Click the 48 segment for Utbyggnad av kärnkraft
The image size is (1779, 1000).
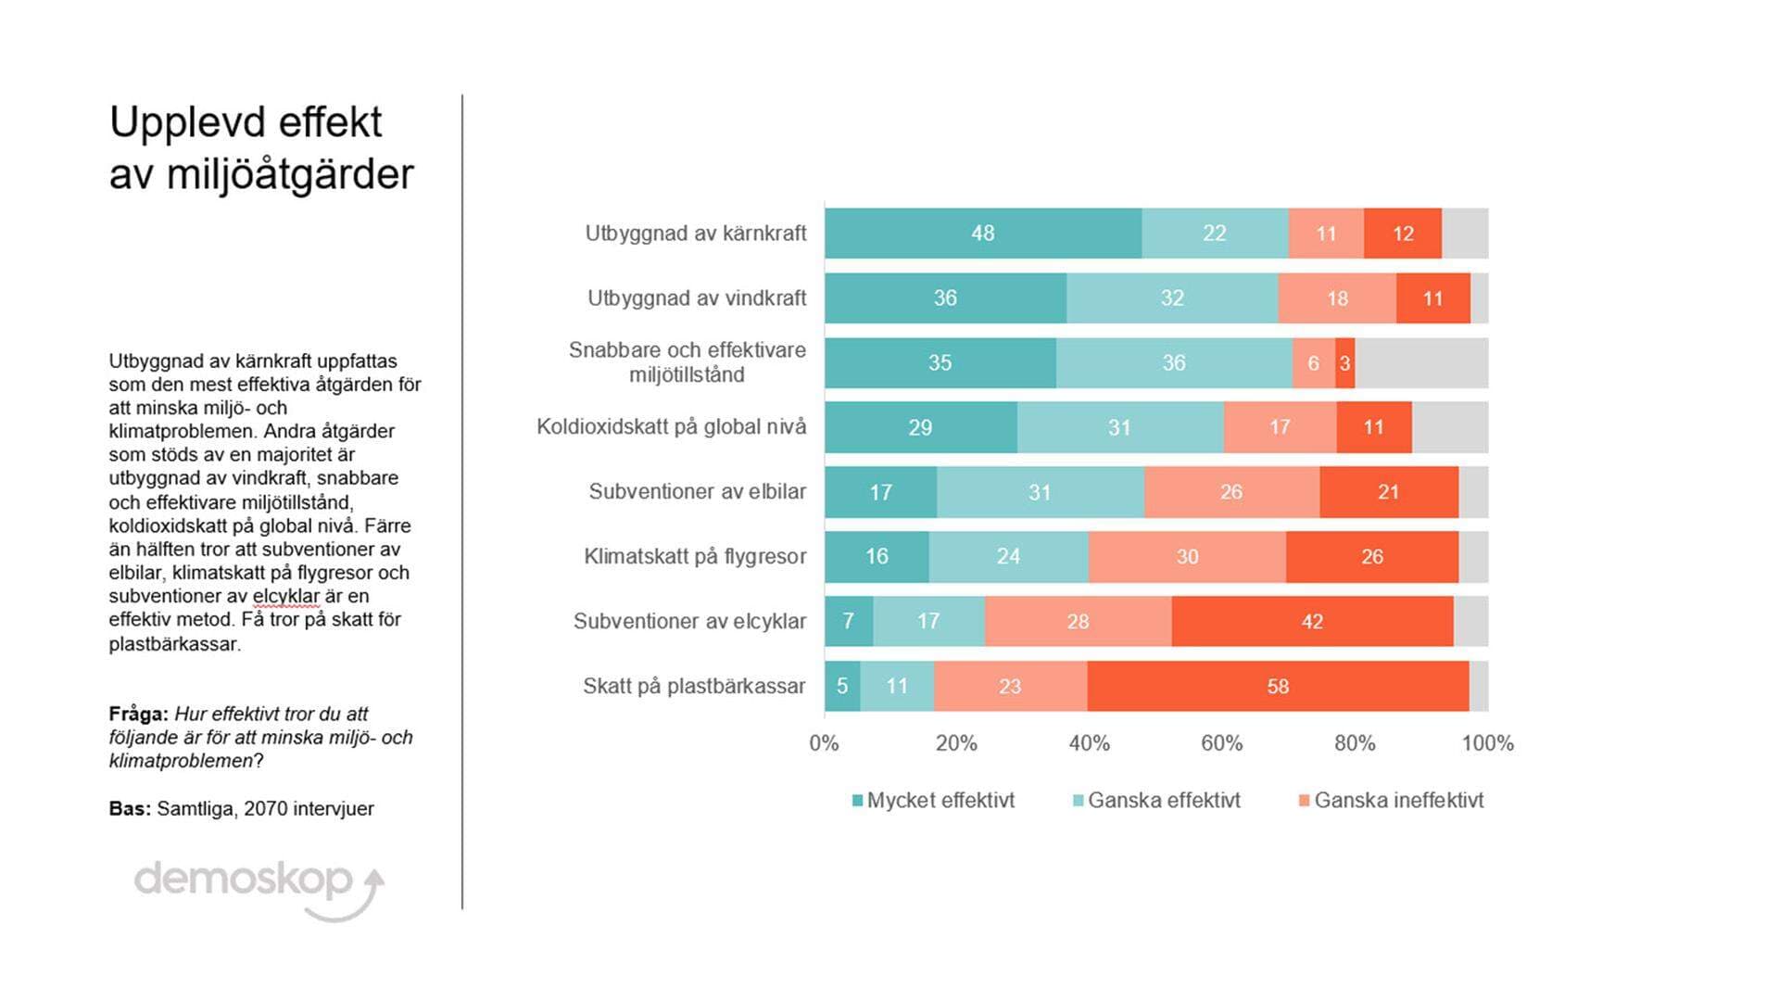click(x=982, y=234)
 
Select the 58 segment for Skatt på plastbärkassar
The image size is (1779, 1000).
click(x=1278, y=687)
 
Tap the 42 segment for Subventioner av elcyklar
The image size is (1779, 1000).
click(x=1312, y=622)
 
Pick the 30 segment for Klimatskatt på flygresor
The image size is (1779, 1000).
click(x=1187, y=557)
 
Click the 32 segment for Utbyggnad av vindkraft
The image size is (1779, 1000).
click(x=1172, y=298)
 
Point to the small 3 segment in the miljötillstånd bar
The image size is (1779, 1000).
click(x=1344, y=363)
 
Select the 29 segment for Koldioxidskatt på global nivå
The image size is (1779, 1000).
click(x=920, y=427)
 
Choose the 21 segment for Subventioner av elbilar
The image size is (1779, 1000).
click(x=1388, y=492)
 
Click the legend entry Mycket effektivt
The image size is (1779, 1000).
click(x=940, y=801)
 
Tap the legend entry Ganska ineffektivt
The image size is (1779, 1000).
click(x=1398, y=801)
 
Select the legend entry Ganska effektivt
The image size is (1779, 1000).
click(x=1163, y=801)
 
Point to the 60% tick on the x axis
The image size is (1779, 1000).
click(x=1222, y=743)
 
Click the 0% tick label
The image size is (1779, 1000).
click(x=824, y=743)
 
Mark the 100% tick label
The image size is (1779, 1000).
click(x=1487, y=743)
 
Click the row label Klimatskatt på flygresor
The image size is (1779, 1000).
click(x=695, y=557)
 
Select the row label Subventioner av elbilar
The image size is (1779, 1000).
click(x=697, y=492)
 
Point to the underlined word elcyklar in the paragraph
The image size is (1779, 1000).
click(x=285, y=597)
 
